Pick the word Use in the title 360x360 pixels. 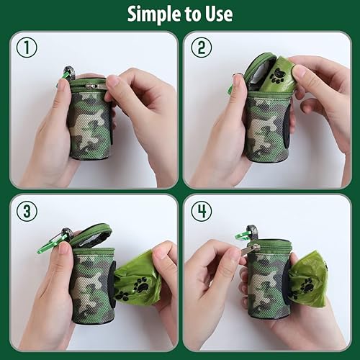point(217,14)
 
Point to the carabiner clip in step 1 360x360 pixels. point(67,74)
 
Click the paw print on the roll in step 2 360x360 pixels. point(277,78)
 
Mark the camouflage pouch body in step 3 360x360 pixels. point(91,284)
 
